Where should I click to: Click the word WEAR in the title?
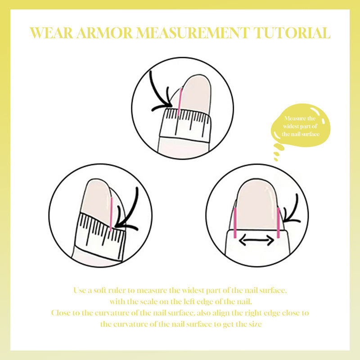point(51,33)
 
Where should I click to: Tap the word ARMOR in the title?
point(105,33)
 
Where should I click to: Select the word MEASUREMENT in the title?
point(193,33)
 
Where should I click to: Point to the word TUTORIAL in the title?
point(292,33)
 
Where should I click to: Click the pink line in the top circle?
point(180,102)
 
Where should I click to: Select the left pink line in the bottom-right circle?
point(235,223)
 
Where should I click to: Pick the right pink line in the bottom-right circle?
point(278,223)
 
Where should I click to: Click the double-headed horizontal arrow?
point(256,241)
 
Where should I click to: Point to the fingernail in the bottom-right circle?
point(256,204)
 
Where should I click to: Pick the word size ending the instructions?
point(255,324)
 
